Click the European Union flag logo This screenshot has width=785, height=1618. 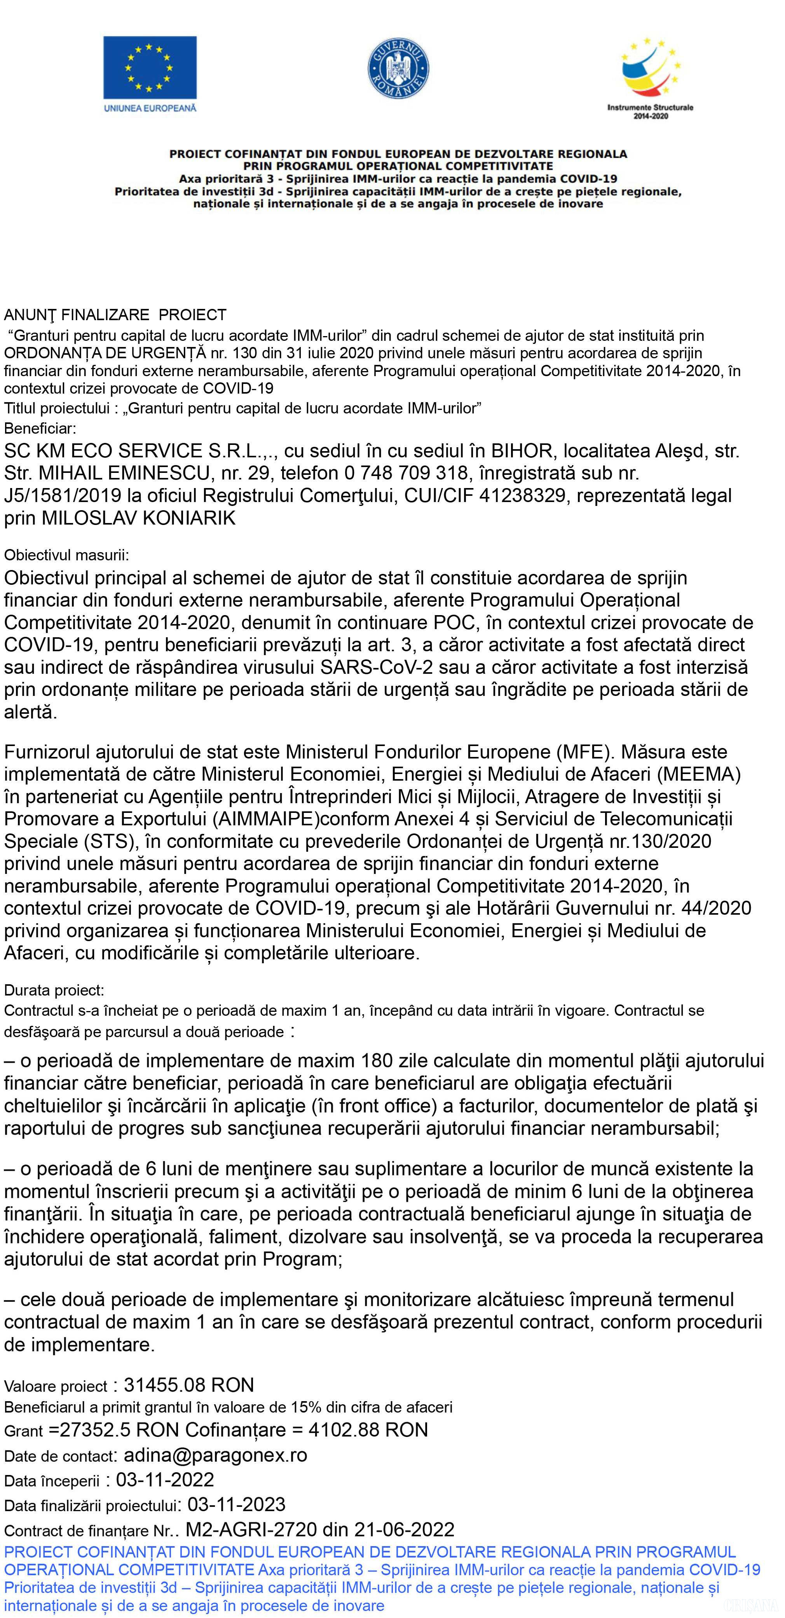150,74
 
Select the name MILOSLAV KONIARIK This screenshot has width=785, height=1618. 138,518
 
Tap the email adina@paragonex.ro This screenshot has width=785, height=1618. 215,1455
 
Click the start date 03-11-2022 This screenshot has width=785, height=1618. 165,1480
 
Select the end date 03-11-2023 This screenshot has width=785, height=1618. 237,1505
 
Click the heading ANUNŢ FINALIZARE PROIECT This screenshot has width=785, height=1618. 115,315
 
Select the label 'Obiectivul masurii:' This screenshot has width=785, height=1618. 66,555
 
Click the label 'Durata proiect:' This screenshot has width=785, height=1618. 54,990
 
